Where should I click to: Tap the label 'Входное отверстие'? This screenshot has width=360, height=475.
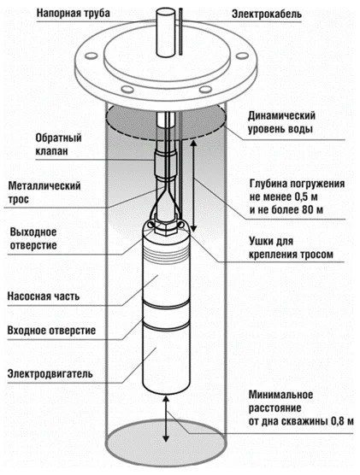coord(51,330)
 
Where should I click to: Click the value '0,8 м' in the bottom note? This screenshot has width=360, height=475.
coord(337,421)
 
